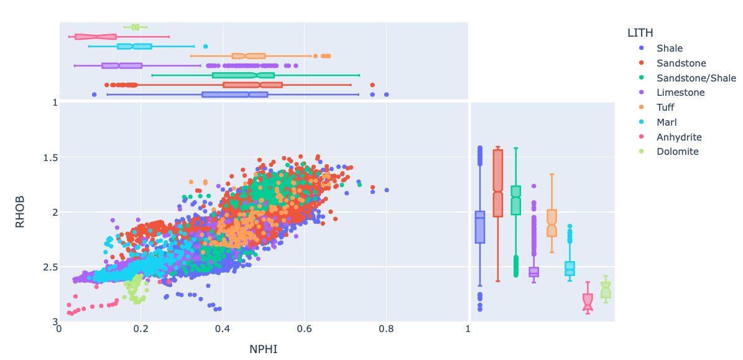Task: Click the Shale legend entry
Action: pyautogui.click(x=669, y=48)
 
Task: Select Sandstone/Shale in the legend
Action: pyautogui.click(x=696, y=78)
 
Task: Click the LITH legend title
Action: pyautogui.click(x=640, y=32)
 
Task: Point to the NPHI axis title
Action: pyautogui.click(x=263, y=349)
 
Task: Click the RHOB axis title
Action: pyautogui.click(x=21, y=212)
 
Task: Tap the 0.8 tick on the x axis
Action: pyautogui.click(x=386, y=330)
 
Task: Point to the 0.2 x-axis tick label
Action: pyautogui.click(x=141, y=330)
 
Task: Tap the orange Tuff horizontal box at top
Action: pyautogui.click(x=249, y=56)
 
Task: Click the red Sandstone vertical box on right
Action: pyautogui.click(x=497, y=183)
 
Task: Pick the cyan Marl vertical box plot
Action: pyautogui.click(x=570, y=268)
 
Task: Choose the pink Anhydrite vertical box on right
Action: pyautogui.click(x=588, y=302)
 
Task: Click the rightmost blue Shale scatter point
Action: pyautogui.click(x=386, y=190)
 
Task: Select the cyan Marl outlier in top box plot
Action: pyautogui.click(x=206, y=47)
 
